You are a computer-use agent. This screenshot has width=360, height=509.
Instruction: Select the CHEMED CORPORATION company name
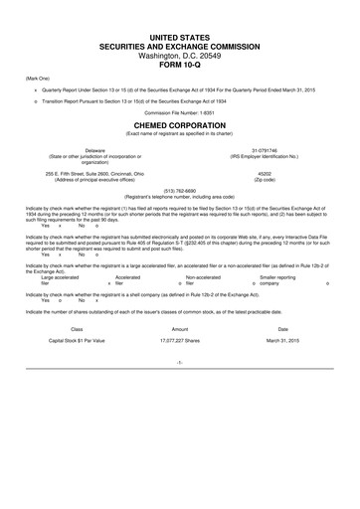coord(179,126)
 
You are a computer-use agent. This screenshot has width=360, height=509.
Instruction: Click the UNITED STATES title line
coord(179,37)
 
